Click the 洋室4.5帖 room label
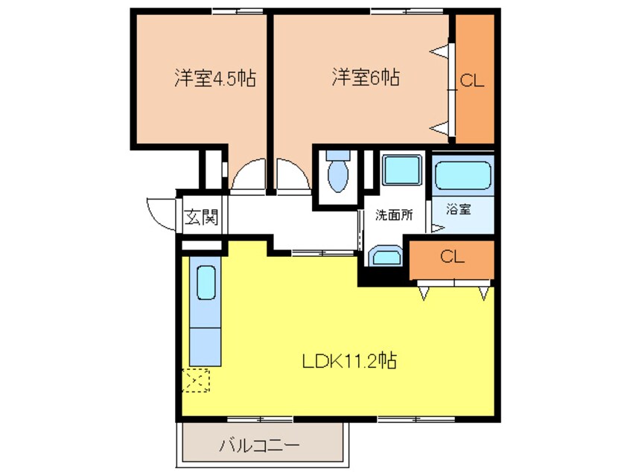(x=215, y=78)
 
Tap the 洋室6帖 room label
(x=365, y=77)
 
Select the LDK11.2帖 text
(x=348, y=362)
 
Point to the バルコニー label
(x=259, y=447)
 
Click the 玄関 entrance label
(x=200, y=217)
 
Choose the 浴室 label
(x=458, y=210)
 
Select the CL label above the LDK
(x=452, y=258)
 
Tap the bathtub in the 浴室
(x=462, y=176)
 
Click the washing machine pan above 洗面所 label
(x=403, y=171)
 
